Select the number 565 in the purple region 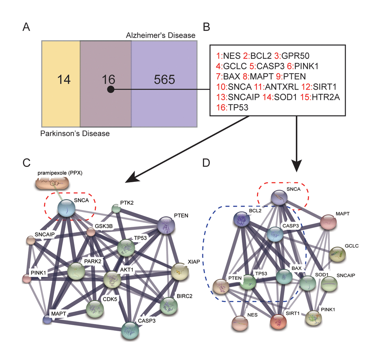[x=164, y=80]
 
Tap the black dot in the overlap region [x=110, y=90]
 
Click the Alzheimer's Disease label [x=160, y=36]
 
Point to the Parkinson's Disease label [x=75, y=133]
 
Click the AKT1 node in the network [x=113, y=279]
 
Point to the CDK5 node [x=94, y=308]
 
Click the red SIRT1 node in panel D [x=278, y=321]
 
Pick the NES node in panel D [x=240, y=323]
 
